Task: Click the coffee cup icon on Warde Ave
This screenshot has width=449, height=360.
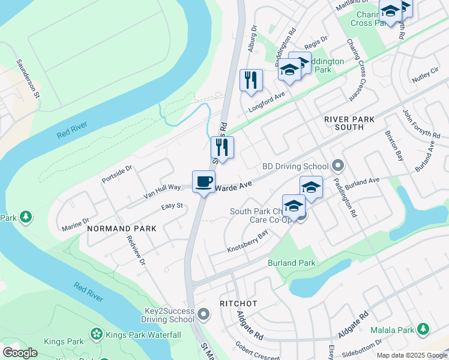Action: [x=204, y=181]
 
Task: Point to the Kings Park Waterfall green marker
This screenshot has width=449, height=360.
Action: [x=95, y=334]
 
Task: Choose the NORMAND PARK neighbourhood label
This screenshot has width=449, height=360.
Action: [x=121, y=229]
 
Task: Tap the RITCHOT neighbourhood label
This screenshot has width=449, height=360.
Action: [x=238, y=304]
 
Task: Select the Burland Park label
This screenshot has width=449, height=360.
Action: [x=291, y=263]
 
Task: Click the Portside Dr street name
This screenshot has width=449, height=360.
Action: [x=116, y=172]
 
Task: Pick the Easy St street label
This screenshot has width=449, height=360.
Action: [x=172, y=206]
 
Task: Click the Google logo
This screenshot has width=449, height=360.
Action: [x=20, y=353]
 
